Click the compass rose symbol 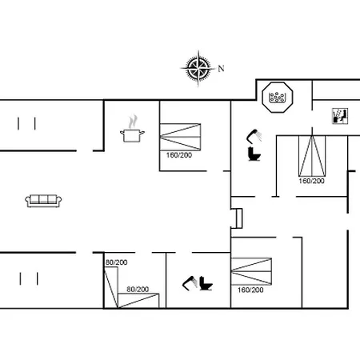click(198, 68)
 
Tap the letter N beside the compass click(221, 69)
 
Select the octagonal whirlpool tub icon click(278, 97)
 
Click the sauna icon click(340, 116)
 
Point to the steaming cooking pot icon click(132, 129)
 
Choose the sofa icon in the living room click(43, 201)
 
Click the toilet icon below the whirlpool click(254, 154)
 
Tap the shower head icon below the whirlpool click(254, 136)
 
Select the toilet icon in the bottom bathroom click(206, 283)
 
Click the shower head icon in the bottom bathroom click(190, 283)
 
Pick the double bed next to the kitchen click(180, 137)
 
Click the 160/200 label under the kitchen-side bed click(179, 155)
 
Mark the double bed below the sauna click(312, 156)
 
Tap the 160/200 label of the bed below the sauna click(311, 181)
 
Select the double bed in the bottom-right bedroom click(251, 271)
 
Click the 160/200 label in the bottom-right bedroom click(250, 290)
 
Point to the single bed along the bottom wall click(138, 301)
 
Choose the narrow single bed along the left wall click(111, 287)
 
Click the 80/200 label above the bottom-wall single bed click(138, 290)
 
